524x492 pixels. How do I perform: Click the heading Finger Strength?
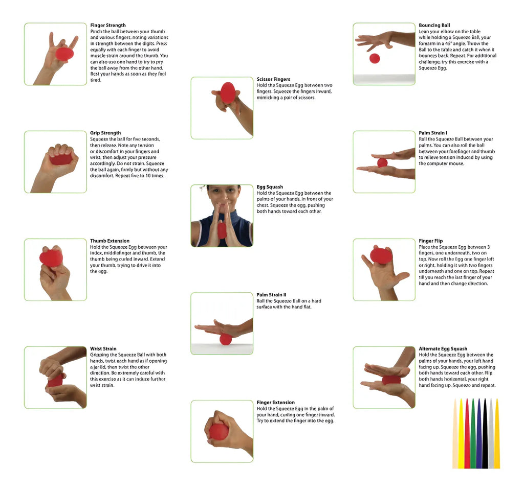pyautogui.click(x=108, y=26)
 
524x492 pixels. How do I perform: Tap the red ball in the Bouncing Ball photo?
pyautogui.click(x=375, y=58)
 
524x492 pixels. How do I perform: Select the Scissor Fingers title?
pyautogui.click(x=273, y=79)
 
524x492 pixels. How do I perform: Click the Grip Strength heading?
pyautogui.click(x=105, y=133)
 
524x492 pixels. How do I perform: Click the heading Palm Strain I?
pyautogui.click(x=433, y=133)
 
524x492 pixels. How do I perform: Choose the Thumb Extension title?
pyautogui.click(x=110, y=241)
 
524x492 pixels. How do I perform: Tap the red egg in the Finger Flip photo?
pyautogui.click(x=381, y=255)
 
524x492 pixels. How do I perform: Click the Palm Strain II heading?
pyautogui.click(x=271, y=295)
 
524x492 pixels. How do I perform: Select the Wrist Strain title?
pyautogui.click(x=103, y=349)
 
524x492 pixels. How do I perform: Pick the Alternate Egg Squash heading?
pyautogui.click(x=443, y=349)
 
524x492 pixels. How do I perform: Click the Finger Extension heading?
pyautogui.click(x=276, y=403)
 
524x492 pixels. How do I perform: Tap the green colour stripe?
pyautogui.click(x=473, y=434)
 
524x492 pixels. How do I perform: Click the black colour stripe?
pyautogui.click(x=485, y=434)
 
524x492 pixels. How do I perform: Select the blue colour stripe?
pyautogui.click(x=479, y=434)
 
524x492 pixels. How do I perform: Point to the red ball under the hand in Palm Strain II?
pyautogui.click(x=226, y=340)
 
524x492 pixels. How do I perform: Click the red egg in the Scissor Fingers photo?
pyautogui.click(x=228, y=93)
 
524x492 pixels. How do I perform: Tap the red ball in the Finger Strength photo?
pyautogui.click(x=64, y=54)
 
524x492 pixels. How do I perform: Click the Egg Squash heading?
pyautogui.click(x=270, y=187)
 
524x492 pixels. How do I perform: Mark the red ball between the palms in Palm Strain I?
pyautogui.click(x=382, y=163)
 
